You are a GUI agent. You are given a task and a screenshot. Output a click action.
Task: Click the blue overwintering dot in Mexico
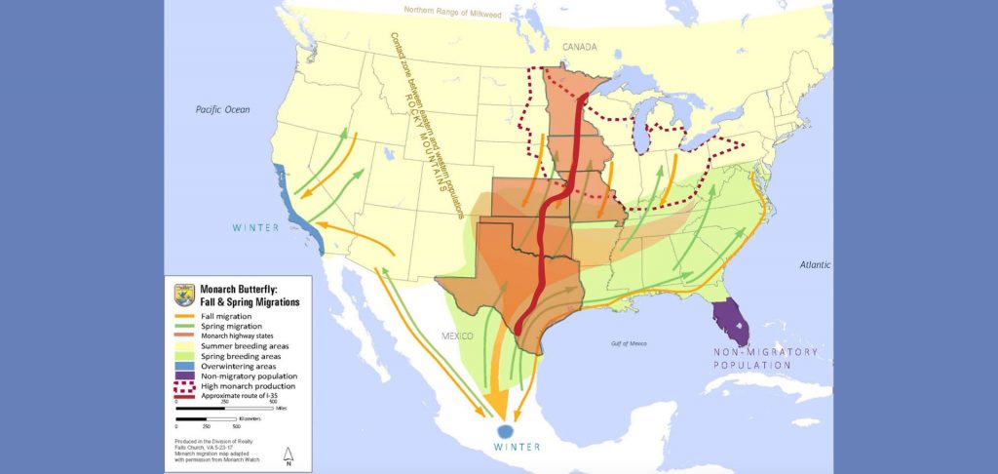point(505,431)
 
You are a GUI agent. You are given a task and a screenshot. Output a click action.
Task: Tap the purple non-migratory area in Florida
point(731,322)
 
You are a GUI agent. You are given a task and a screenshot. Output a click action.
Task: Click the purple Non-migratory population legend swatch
point(184,375)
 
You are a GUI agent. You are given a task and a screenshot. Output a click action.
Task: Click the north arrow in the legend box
point(287,454)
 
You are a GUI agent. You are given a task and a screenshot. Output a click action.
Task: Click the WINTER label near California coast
point(255,228)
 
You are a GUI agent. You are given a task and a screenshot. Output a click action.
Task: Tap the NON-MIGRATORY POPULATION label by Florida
point(763,358)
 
